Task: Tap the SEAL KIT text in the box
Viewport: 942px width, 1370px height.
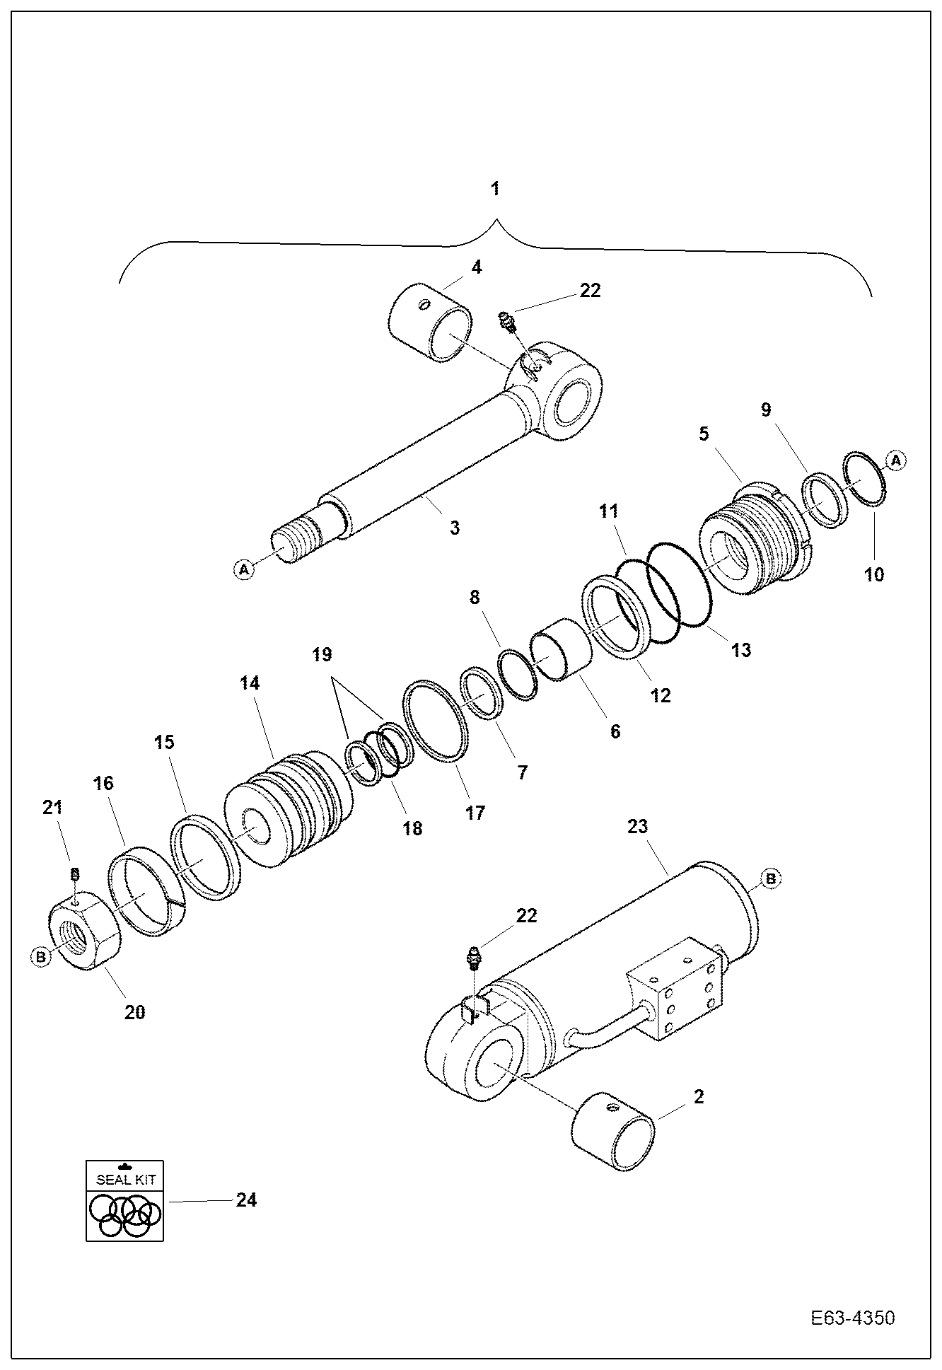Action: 125,1180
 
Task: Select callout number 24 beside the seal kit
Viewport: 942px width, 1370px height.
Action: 245,1200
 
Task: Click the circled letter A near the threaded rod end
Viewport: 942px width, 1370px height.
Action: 243,569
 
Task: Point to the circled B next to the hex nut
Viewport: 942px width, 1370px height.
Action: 41,957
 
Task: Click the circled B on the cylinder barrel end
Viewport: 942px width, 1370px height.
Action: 770,879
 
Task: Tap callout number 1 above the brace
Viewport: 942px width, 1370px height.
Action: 495,189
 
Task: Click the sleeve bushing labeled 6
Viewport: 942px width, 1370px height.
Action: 563,649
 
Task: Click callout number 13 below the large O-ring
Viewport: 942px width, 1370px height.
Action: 740,649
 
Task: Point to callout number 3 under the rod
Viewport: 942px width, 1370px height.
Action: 454,528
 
